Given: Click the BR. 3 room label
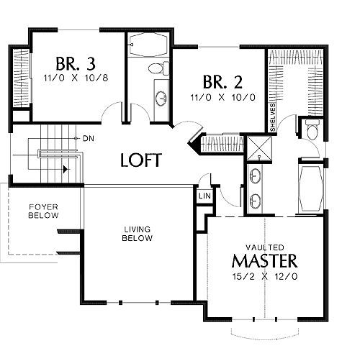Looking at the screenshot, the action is (76, 64).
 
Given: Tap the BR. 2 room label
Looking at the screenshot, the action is (222, 82).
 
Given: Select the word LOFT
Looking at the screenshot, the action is (141, 160).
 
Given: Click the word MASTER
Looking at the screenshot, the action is (265, 260).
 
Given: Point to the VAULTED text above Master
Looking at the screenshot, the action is (265, 247).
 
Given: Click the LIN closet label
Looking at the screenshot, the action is (204, 196).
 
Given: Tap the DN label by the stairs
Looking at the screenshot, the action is (89, 138).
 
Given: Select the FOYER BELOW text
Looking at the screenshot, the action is (43, 211).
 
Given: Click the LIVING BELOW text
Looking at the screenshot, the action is (138, 234).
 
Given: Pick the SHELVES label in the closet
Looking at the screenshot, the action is (273, 117).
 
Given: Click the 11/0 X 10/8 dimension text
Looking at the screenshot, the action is (76, 78).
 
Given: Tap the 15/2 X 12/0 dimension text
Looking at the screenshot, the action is (265, 276).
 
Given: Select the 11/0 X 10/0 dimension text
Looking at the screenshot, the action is (222, 98).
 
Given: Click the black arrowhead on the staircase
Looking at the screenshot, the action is (65, 169).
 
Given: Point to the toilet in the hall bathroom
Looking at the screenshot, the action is (158, 68).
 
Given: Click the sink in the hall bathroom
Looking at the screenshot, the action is (161, 99).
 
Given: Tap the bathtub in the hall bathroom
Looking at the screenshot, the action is (148, 45).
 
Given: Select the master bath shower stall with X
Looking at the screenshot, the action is (259, 148).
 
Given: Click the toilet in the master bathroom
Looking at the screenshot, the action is (312, 129).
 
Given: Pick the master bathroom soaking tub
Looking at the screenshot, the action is (310, 189).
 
